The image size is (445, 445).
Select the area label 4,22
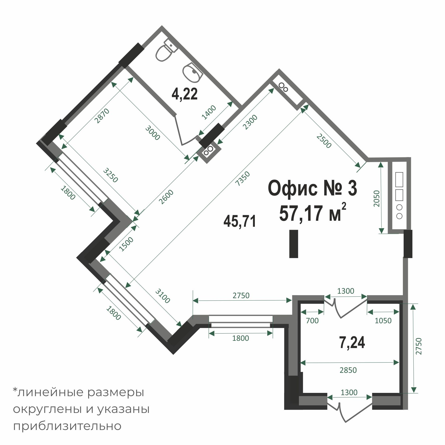point(184,94)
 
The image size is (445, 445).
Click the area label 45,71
point(240,221)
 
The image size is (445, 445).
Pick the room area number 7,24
point(352,343)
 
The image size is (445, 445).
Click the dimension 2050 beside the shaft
point(377,198)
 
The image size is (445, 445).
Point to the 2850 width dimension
point(348,370)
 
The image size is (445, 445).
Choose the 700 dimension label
point(312,320)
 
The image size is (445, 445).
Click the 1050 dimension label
point(383,320)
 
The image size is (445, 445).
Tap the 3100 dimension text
point(163,296)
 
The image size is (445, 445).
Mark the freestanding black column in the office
point(293,244)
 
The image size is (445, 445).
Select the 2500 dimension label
point(324,141)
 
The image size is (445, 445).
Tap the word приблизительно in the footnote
point(67,426)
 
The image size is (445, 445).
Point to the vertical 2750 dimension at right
point(419,346)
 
